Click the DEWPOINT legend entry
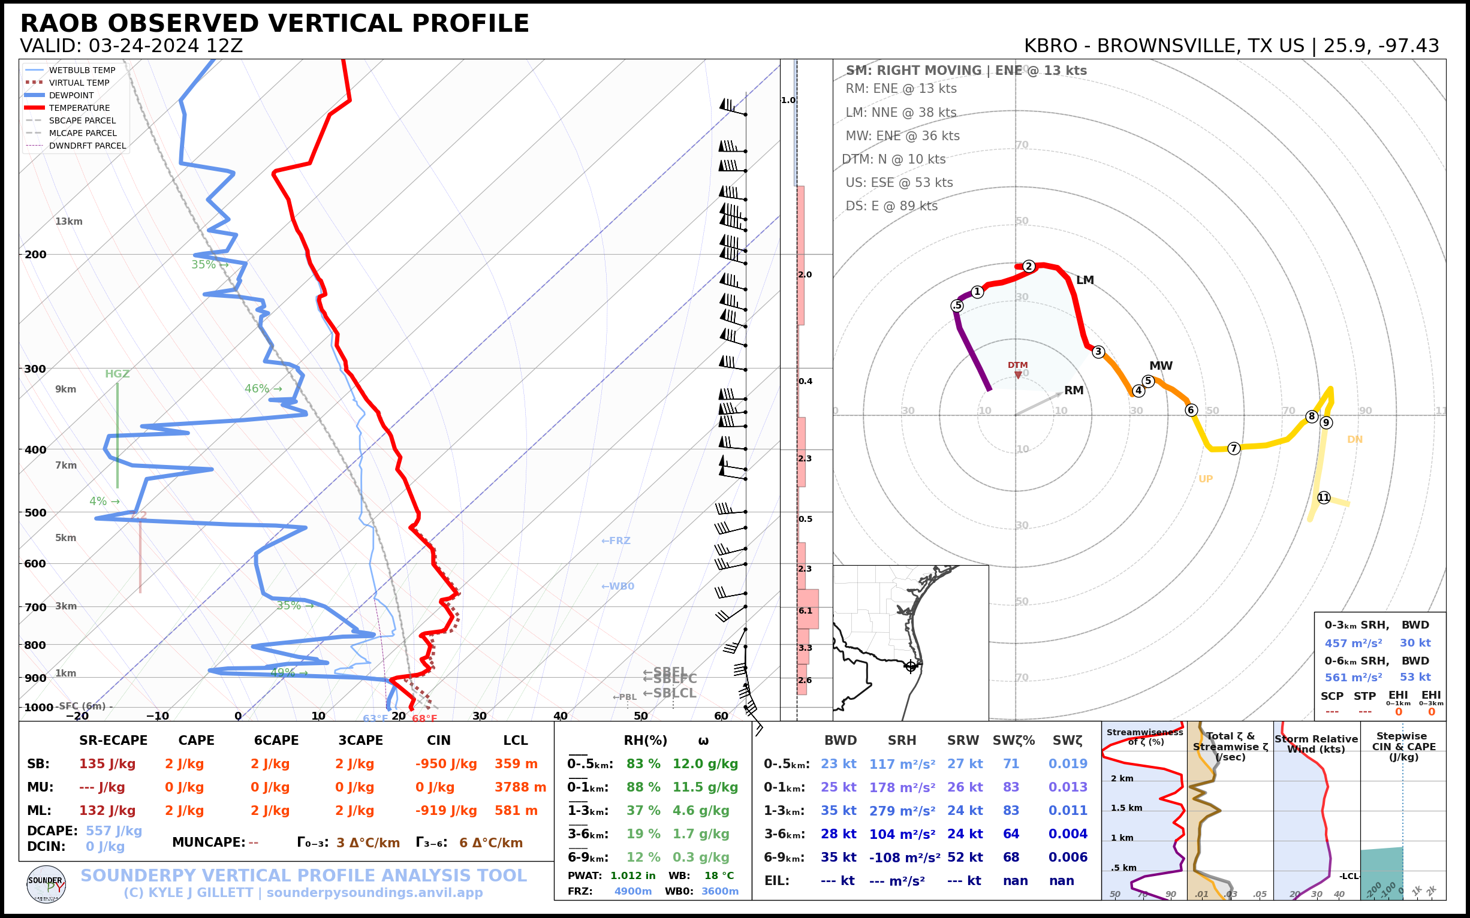pyautogui.click(x=71, y=95)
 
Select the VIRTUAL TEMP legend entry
pyautogui.click(x=79, y=83)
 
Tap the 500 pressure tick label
pyautogui.click(x=35, y=512)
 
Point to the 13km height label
pyautogui.click(x=68, y=222)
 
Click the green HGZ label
pyautogui.click(x=118, y=374)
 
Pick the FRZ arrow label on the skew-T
pyautogui.click(x=615, y=541)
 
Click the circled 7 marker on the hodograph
pyautogui.click(x=1233, y=449)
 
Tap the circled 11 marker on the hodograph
pyautogui.click(x=1324, y=498)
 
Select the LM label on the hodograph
pyautogui.click(x=1085, y=280)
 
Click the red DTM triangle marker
pyautogui.click(x=1018, y=375)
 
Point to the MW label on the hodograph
pyautogui.click(x=1161, y=366)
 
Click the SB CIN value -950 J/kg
pyautogui.click(x=446, y=765)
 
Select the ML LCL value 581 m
pyautogui.click(x=516, y=811)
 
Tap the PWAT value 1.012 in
pyautogui.click(x=632, y=876)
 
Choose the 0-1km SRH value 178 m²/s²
pyautogui.click(x=902, y=788)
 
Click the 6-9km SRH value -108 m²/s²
pyautogui.click(x=904, y=858)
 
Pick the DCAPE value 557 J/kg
pyautogui.click(x=113, y=831)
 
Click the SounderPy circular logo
pyautogui.click(x=46, y=884)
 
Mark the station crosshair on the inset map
pyautogui.click(x=911, y=667)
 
